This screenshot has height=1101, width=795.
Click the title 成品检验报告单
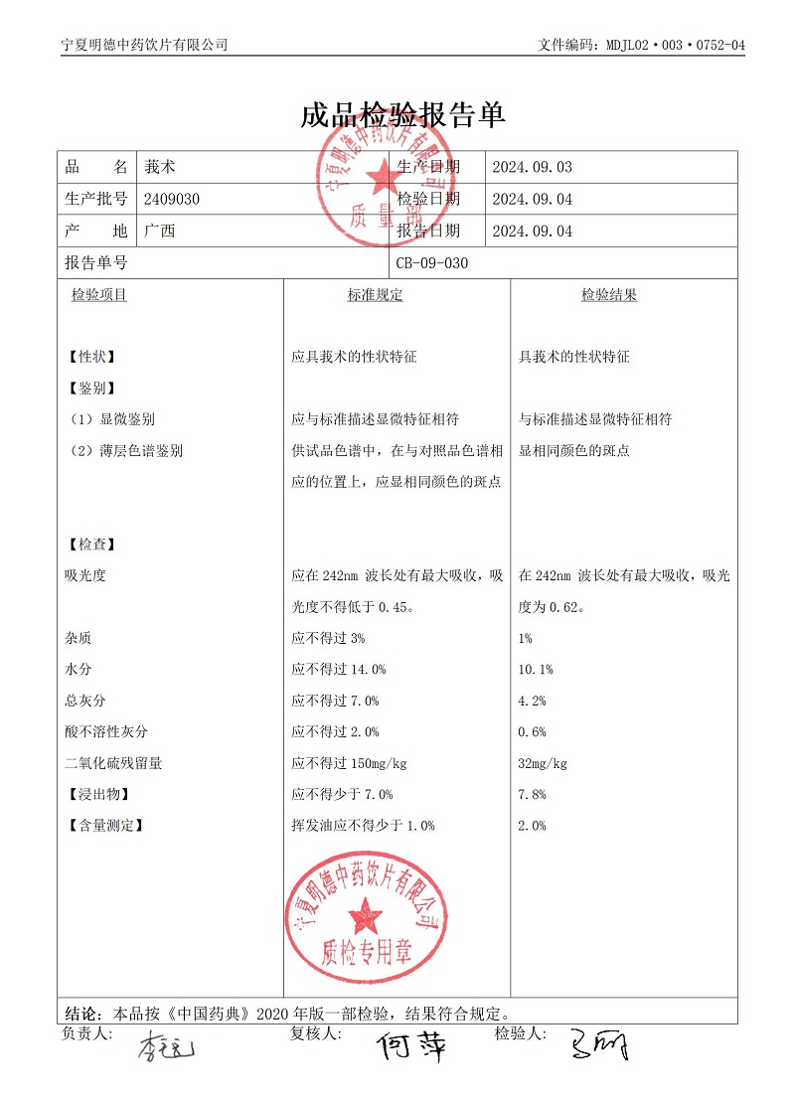402,115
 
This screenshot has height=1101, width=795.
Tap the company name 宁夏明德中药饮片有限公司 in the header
144,45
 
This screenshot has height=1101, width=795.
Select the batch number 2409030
172,199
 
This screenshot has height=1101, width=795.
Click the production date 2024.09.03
533,167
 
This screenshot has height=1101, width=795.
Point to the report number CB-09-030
431,263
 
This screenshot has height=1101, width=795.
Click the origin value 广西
159,232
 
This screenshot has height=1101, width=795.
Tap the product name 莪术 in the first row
159,167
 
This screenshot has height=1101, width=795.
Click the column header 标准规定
375,295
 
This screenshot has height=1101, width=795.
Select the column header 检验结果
609,295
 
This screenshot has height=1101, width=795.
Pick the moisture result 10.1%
537,670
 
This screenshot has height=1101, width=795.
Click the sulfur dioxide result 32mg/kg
544,764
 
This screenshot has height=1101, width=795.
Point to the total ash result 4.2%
533,702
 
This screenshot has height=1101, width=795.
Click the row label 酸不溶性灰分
106,732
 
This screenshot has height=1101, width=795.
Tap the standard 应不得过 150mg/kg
349,764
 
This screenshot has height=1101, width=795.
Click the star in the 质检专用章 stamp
366,914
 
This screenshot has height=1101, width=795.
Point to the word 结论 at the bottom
82,1015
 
